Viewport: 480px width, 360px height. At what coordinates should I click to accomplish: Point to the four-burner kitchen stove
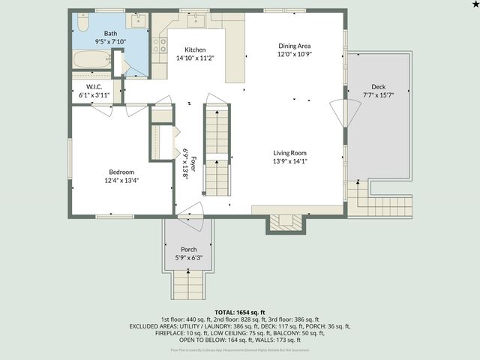159,46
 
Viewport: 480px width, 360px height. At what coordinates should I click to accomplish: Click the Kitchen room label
190,49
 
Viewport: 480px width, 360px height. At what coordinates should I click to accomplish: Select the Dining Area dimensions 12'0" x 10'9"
293,54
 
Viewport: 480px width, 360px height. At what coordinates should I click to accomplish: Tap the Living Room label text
289,152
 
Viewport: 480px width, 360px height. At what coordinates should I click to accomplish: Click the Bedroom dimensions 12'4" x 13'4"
121,180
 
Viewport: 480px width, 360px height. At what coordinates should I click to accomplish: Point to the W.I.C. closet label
94,86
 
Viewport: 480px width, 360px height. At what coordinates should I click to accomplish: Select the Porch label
189,250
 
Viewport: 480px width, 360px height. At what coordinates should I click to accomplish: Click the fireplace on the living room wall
285,220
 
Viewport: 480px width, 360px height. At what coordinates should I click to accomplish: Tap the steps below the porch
189,283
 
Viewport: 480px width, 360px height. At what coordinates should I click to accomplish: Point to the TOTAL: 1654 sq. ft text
240,312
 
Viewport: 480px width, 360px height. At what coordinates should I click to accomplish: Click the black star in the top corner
475,4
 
